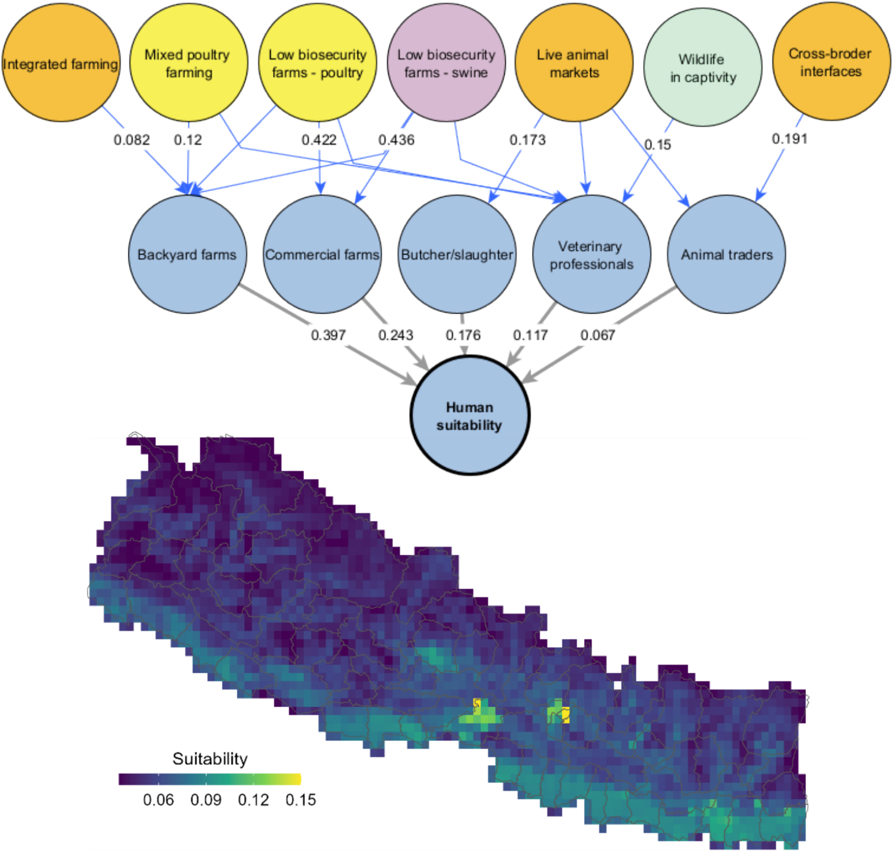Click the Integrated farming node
[61, 63]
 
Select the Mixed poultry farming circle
[188, 63]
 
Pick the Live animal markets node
[574, 63]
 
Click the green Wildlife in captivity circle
[702, 67]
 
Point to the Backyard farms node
[187, 254]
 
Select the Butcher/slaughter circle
[457, 254]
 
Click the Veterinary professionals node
[591, 254]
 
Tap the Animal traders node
[726, 254]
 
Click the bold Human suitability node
[470, 416]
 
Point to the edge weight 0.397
[328, 335]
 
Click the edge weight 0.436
[396, 140]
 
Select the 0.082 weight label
[131, 140]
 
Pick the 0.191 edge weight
[790, 139]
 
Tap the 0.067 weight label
[597, 335]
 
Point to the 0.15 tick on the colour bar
[301, 800]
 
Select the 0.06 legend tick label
[158, 800]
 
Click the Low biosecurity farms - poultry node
[317, 63]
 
